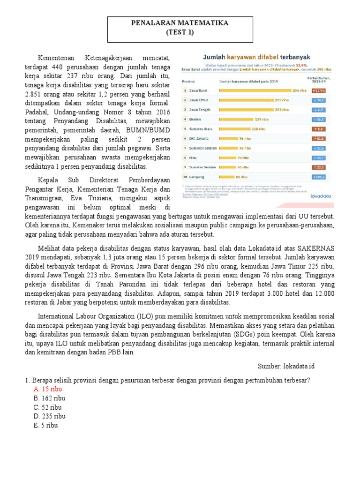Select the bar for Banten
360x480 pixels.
(236, 119)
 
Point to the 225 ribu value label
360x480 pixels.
(282, 100)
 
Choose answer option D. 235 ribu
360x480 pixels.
(49, 416)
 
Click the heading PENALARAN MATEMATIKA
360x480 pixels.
(180, 23)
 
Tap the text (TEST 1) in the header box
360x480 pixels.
(180, 32)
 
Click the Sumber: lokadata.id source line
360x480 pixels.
(290, 366)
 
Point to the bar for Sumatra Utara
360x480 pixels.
(234, 129)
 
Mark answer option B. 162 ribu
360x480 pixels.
(49, 398)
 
